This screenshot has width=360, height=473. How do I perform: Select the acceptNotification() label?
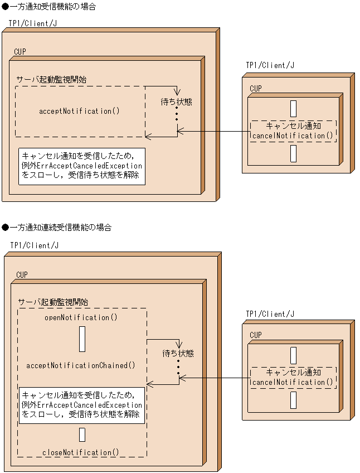coord(79,111)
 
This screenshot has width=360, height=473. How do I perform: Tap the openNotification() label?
coord(81,317)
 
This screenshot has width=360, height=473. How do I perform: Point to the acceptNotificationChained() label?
coord(81,365)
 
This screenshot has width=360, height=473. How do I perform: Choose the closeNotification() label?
coord(81,452)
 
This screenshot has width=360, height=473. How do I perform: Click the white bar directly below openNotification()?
coord(82,339)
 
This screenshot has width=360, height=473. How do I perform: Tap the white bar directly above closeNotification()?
coord(82,435)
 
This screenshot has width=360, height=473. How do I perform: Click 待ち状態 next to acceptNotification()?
coord(176,102)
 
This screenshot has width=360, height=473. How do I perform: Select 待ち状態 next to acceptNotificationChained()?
coord(178,353)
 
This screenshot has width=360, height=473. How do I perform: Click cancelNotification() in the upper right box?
coord(293,136)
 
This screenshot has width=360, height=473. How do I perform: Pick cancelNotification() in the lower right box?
coord(293,382)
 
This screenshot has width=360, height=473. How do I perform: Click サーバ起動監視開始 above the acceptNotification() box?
coord(51,80)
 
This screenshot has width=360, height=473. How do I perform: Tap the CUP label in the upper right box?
coord(255,89)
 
